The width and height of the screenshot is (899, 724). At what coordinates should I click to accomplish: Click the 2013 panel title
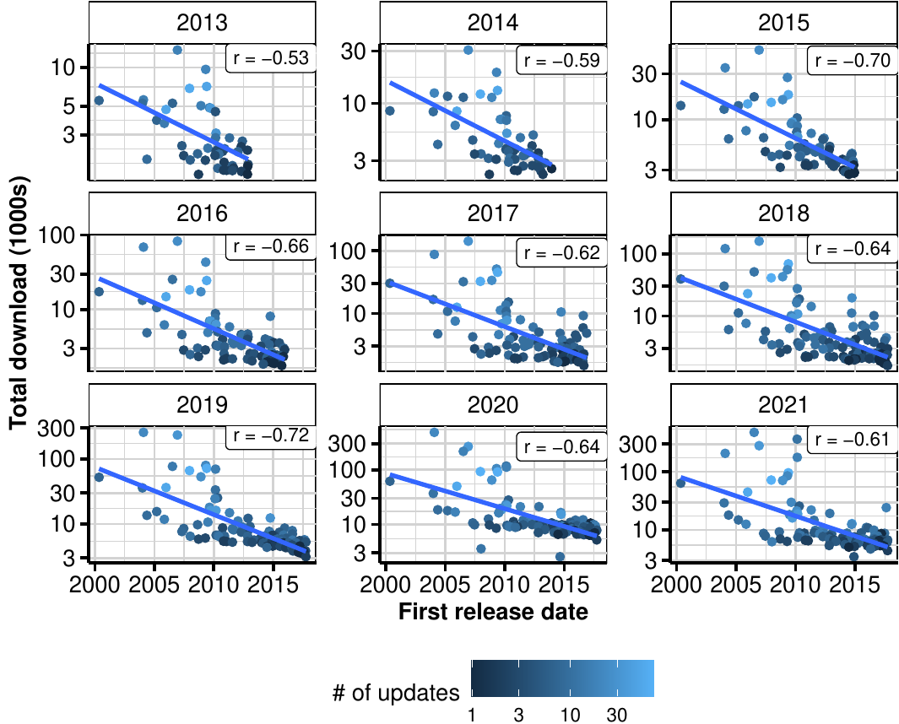203,23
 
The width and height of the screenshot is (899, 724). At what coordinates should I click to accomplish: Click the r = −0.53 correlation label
272,58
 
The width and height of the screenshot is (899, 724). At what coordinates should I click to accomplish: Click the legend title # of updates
396,694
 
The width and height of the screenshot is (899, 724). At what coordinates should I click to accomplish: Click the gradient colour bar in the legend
562,678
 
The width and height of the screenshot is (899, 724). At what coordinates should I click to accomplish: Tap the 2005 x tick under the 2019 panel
154,584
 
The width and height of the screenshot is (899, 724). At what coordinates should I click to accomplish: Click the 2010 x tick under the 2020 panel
504,584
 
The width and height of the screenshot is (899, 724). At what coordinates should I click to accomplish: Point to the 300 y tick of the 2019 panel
67,428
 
